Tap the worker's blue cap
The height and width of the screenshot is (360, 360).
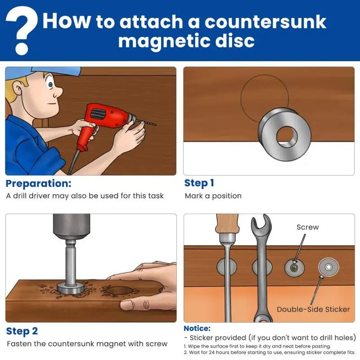point(41,72)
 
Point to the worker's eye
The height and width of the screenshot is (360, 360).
point(50,85)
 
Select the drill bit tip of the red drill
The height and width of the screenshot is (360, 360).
point(155,125)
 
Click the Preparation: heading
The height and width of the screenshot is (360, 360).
point(38,184)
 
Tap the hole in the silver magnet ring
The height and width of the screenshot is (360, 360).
point(287,136)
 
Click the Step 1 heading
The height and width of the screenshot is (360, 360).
point(199,183)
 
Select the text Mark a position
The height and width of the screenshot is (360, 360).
point(213,196)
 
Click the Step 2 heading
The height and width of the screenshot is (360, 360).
point(22,331)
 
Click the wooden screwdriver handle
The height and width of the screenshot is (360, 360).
point(227,223)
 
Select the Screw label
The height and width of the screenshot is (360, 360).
point(308,227)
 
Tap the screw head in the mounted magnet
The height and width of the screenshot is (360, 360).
point(294,267)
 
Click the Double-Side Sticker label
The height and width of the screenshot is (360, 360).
point(313,309)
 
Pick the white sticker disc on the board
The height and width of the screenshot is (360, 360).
point(328,267)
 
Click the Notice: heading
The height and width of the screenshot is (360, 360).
point(197,328)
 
